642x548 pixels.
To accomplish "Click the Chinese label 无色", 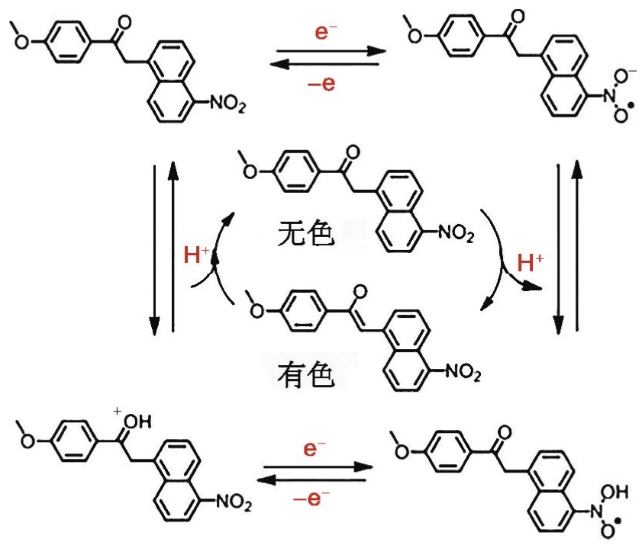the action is click(305, 233).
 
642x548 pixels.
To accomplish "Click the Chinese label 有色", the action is click(305, 375).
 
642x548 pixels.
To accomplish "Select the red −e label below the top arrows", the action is click(321, 84).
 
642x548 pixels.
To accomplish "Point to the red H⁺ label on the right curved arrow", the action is click(531, 262).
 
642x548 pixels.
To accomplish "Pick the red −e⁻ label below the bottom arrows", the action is click(311, 498).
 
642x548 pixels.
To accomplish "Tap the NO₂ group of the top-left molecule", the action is click(228, 104).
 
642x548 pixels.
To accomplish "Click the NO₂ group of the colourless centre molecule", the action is click(456, 233).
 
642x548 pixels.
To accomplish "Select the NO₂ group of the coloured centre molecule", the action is click(463, 372).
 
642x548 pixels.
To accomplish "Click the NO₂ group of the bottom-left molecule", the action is click(234, 502).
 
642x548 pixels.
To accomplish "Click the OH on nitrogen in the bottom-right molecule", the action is click(615, 492).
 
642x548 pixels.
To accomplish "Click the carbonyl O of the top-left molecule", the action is click(124, 23).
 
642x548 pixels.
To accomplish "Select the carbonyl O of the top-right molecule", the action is click(518, 17).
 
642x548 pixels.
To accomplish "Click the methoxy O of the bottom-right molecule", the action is click(402, 451).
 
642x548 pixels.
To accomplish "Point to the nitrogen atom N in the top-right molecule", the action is click(609, 97).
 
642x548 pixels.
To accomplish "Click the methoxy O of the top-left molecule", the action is click(22, 41).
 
